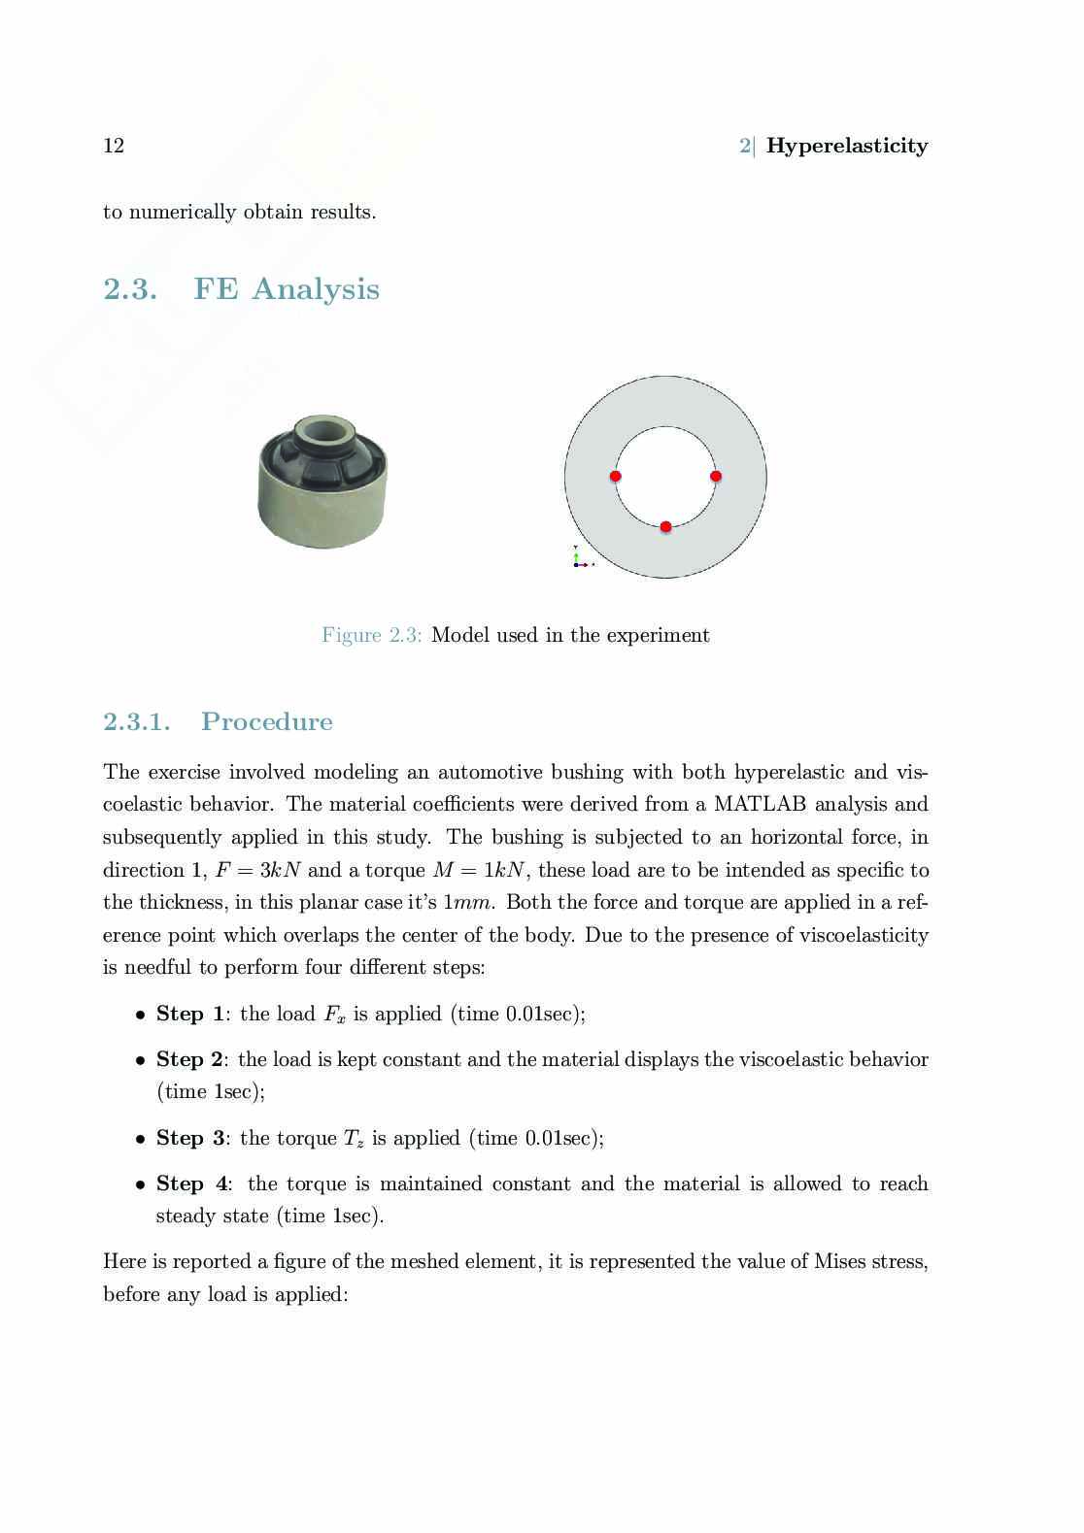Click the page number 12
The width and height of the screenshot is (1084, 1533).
pyautogui.click(x=114, y=146)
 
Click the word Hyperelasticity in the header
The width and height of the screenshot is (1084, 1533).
pyautogui.click(x=846, y=146)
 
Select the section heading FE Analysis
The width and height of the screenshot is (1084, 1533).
pyautogui.click(x=286, y=289)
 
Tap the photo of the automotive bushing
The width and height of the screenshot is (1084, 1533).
pyautogui.click(x=322, y=483)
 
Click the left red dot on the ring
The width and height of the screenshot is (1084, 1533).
pyautogui.click(x=615, y=476)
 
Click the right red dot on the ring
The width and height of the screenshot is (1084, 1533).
pyautogui.click(x=716, y=476)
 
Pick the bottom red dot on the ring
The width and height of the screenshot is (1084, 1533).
pyautogui.click(x=665, y=526)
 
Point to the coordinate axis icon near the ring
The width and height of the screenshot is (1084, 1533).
pyautogui.click(x=580, y=558)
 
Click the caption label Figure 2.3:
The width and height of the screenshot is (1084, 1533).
pyautogui.click(x=371, y=635)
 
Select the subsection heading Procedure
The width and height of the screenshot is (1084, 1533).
pyautogui.click(x=266, y=721)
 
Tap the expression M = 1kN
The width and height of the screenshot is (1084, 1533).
pyautogui.click(x=478, y=870)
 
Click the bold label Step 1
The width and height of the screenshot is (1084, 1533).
pyautogui.click(x=190, y=1014)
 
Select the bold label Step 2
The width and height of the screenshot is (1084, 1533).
pyautogui.click(x=190, y=1059)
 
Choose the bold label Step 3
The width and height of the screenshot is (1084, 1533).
pyautogui.click(x=190, y=1138)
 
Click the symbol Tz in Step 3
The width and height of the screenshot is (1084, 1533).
pyautogui.click(x=354, y=1139)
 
